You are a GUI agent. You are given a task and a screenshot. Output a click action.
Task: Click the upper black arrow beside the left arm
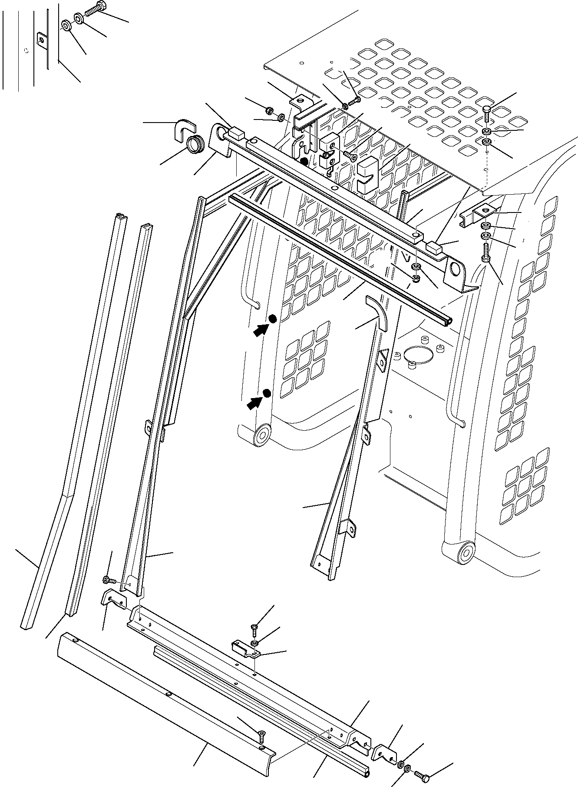260,330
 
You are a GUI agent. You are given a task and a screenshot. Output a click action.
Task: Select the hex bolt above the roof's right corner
488,113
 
